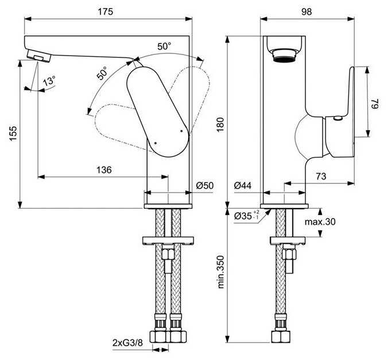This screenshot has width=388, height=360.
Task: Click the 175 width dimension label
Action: click(105, 11)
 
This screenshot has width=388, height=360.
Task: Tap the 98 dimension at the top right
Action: click(306, 11)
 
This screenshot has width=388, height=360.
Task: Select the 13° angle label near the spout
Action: click(49, 81)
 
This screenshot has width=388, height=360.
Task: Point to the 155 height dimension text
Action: click(13, 134)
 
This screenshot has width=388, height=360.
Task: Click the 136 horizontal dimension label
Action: click(104, 170)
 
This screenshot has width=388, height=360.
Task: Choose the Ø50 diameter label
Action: click(205, 185)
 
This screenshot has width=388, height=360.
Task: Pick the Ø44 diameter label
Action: click(243, 185)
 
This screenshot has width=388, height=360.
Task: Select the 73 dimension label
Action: click(321, 176)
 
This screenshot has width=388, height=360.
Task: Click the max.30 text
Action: click(320, 222)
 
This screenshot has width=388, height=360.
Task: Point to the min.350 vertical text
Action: click(220, 272)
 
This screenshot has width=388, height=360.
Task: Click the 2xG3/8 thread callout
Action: click(127, 343)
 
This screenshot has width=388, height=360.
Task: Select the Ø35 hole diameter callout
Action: click(247, 216)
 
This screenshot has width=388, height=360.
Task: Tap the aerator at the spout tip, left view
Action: click(38, 56)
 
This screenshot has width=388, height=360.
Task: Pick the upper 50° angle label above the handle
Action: click(164, 46)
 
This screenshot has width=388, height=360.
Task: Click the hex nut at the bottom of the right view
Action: click(281, 336)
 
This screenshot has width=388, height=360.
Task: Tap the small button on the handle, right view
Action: click(337, 118)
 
